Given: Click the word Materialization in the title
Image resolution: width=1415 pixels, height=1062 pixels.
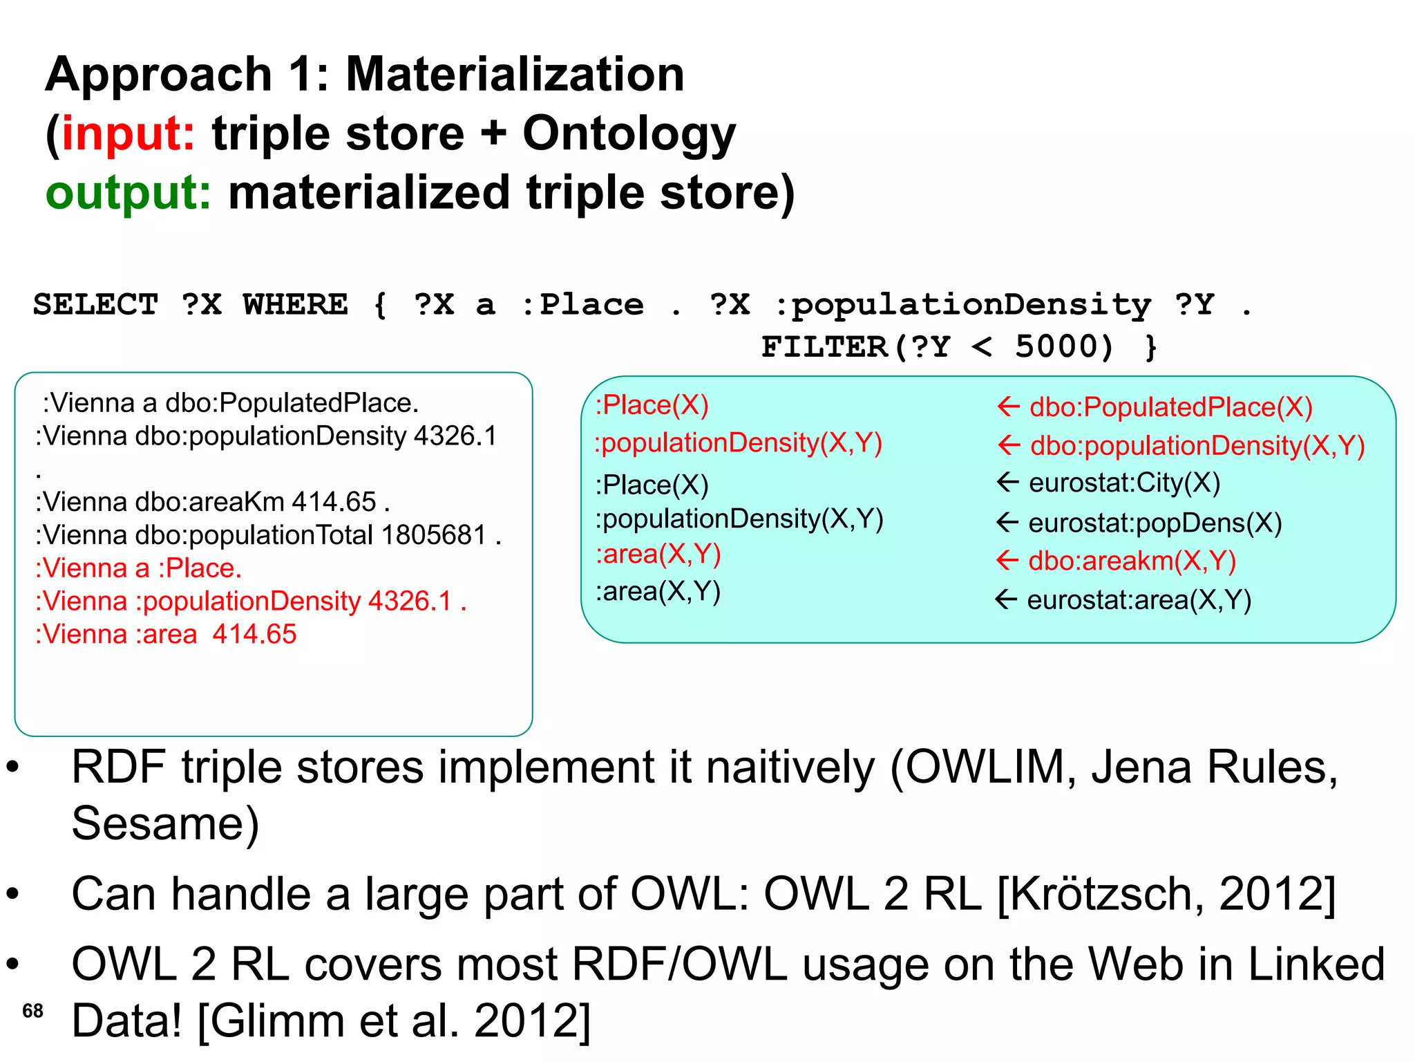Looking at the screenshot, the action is [515, 74].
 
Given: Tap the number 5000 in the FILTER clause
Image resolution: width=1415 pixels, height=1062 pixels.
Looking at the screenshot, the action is [1064, 346].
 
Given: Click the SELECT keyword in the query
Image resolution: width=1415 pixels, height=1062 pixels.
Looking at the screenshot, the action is [96, 305].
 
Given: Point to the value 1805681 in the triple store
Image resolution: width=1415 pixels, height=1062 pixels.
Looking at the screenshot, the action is [434, 534].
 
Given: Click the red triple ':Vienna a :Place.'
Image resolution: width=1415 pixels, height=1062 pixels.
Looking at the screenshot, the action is [138, 568].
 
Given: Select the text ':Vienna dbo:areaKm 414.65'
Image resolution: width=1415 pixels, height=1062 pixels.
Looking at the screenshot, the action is [212, 501].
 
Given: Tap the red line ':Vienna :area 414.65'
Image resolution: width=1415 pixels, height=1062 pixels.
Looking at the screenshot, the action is [166, 634].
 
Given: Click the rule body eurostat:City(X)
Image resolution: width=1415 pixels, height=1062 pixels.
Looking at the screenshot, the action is [1124, 483].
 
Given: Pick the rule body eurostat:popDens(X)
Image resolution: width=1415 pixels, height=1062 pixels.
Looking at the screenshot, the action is [1155, 523].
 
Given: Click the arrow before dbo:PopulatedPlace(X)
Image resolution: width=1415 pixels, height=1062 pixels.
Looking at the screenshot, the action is [1009, 407].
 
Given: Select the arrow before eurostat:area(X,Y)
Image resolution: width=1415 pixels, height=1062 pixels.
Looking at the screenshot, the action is [1006, 599].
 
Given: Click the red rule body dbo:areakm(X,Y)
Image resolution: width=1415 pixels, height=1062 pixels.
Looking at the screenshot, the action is [1132, 561].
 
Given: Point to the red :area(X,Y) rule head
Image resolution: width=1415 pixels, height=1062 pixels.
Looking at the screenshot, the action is [658, 554].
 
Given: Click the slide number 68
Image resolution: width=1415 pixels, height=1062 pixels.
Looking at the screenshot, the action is [32, 1011].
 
